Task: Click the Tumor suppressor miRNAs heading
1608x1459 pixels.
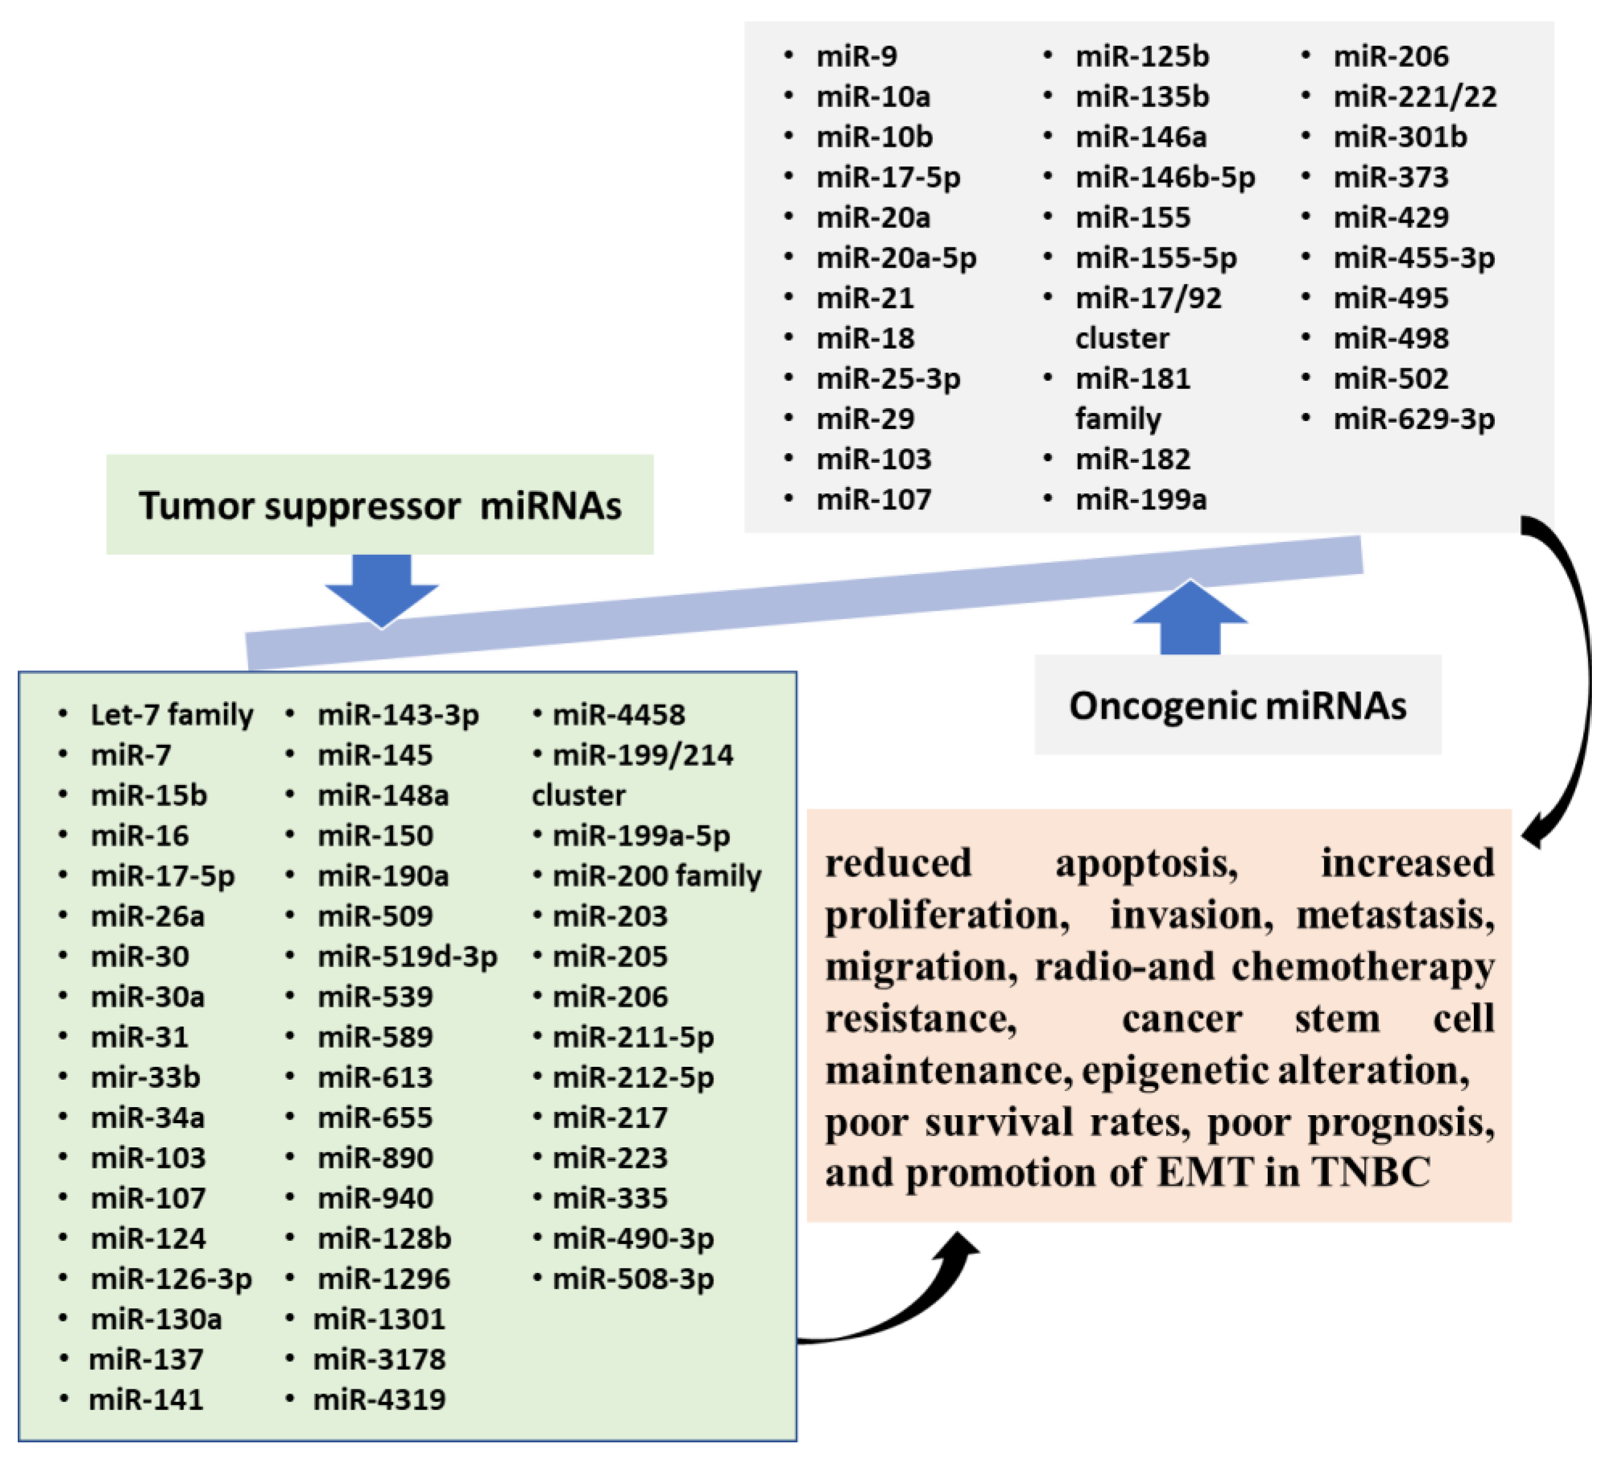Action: (379, 505)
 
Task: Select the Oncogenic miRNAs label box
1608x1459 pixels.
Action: (1237, 705)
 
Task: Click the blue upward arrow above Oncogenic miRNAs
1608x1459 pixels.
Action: (1190, 618)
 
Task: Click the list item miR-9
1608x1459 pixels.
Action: (856, 57)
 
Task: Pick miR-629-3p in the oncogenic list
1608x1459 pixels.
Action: (1413, 418)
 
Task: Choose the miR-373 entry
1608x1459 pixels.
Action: (1390, 177)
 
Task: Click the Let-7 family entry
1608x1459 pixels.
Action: (172, 714)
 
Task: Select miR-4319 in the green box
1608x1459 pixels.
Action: (379, 1399)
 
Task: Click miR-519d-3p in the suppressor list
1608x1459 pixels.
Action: (407, 956)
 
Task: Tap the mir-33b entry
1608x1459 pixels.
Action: (145, 1077)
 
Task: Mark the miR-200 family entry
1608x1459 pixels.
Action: (656, 875)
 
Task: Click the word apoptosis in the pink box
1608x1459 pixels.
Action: (1146, 863)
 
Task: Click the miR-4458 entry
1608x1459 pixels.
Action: (618, 714)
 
